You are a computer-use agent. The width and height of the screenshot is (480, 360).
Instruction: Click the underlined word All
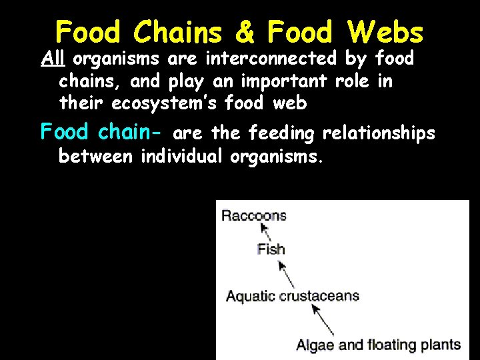pyautogui.click(x=52, y=59)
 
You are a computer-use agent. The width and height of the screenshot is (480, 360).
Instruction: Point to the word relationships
pyautogui.click(x=379, y=134)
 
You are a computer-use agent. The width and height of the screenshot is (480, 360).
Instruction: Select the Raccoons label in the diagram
pyautogui.click(x=254, y=215)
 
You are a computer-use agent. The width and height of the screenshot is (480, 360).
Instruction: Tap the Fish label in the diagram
pyautogui.click(x=271, y=249)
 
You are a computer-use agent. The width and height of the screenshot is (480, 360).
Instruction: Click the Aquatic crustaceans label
pyautogui.click(x=293, y=296)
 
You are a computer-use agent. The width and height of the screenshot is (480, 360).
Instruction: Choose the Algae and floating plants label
pyautogui.click(x=379, y=345)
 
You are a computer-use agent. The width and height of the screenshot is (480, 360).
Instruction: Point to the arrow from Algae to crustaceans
pyautogui.click(x=324, y=321)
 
